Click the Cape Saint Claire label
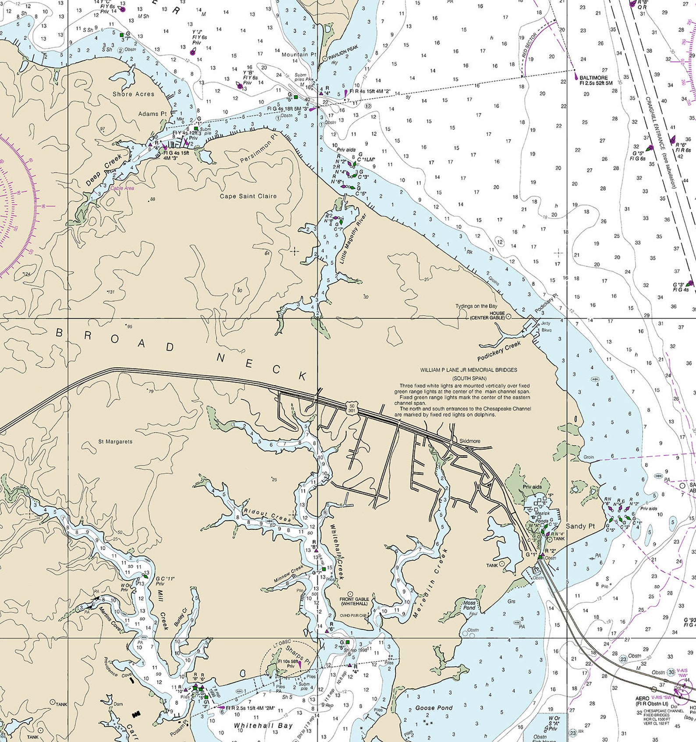point(248,196)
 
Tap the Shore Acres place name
point(133,94)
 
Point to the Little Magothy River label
point(352,238)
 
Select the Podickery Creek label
point(499,351)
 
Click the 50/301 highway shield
point(351,408)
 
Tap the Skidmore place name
point(469,441)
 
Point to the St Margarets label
point(115,441)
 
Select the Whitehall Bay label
point(263,726)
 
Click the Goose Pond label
point(433,707)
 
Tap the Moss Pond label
point(469,605)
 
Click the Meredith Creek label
point(430,583)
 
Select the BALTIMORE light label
point(593,78)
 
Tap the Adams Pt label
point(152,114)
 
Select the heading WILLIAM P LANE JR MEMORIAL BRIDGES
point(468,369)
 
